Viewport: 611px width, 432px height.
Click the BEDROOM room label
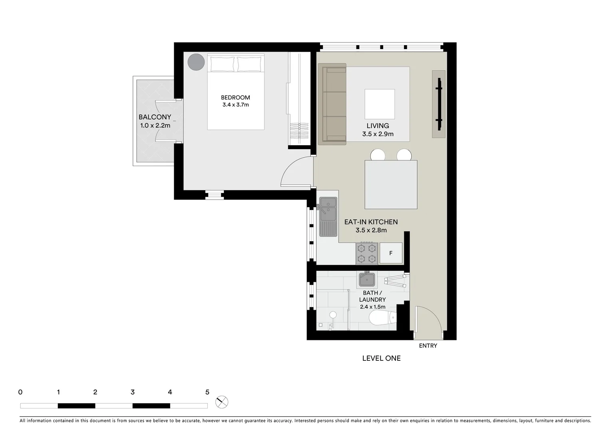coord(235,98)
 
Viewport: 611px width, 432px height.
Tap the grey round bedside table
coord(196,62)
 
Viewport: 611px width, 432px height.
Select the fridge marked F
coord(390,253)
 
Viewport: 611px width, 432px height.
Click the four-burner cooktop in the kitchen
coord(367,253)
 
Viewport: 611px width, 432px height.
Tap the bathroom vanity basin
coord(367,279)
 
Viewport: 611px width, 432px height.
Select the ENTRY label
coord(428,346)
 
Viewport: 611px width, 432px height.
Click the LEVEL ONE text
coord(381,358)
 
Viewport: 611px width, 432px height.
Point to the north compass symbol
coord(222,402)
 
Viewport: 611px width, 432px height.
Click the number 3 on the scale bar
coord(133,392)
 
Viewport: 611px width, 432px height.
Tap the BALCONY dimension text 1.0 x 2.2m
coord(155,126)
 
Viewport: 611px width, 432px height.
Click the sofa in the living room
coord(332,104)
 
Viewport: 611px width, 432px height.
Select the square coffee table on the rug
coord(379,104)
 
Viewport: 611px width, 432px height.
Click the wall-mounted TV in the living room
coord(439,104)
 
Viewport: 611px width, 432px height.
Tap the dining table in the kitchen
coord(390,184)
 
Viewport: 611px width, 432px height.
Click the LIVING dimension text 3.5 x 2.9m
coord(378,134)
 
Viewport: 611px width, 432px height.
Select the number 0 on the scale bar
coord(20,392)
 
